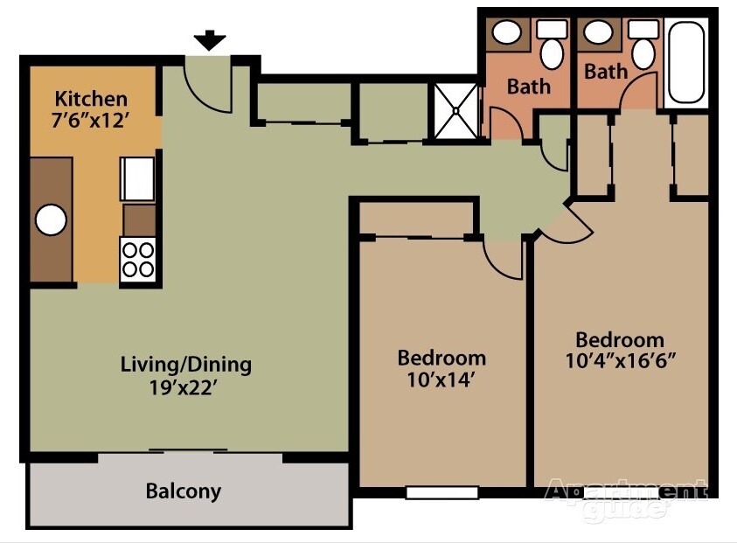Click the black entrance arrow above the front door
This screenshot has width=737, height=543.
point(210,40)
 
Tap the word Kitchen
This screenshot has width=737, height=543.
point(91,99)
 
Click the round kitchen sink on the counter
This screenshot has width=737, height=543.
point(51,219)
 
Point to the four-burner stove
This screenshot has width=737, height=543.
point(137,259)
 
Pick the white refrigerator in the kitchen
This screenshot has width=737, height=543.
point(137,178)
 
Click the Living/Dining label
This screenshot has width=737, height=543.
point(186,364)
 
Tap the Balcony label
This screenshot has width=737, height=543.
point(183,491)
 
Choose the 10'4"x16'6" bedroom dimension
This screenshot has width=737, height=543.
point(620,360)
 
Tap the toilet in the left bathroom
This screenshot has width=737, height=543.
point(552,47)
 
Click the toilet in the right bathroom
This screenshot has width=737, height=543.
point(644,47)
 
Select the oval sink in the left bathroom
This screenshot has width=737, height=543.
point(505,33)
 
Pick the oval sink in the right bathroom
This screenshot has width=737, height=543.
point(599,32)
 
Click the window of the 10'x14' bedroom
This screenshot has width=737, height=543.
point(442,492)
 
